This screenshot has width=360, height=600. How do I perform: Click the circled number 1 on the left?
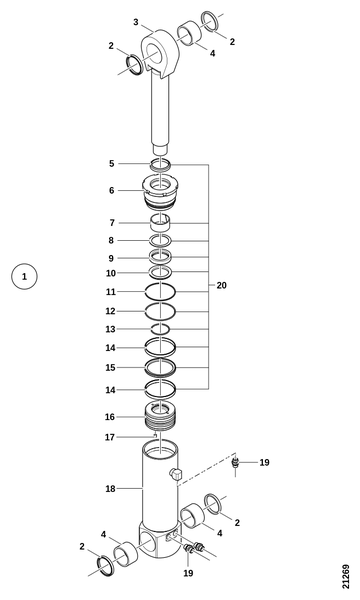(24, 276)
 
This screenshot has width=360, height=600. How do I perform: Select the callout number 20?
(222, 285)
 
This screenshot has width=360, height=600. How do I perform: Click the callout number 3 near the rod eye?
(136, 22)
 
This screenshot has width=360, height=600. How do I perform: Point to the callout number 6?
(111, 190)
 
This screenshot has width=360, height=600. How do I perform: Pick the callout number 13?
(110, 329)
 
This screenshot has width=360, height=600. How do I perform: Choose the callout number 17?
(110, 437)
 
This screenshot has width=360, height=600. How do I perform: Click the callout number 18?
(110, 489)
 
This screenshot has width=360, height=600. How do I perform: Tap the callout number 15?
(110, 367)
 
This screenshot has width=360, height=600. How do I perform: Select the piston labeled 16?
(160, 416)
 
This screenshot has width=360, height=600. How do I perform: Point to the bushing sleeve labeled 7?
(160, 223)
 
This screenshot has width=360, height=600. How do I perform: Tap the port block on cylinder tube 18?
(175, 474)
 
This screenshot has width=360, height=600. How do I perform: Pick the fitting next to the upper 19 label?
(235, 463)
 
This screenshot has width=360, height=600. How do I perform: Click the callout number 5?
(111, 163)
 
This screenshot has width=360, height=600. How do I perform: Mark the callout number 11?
(111, 292)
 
